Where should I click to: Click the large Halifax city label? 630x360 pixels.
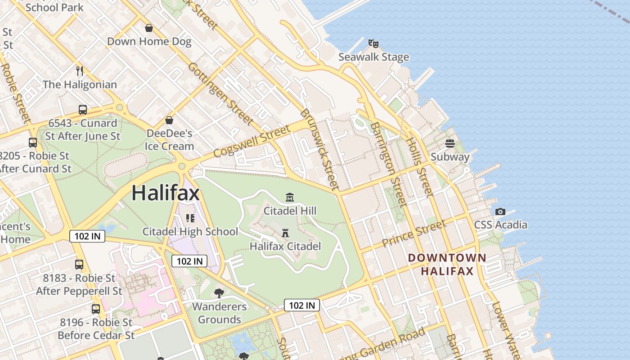tap(166, 193)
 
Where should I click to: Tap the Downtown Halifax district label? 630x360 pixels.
tap(447, 265)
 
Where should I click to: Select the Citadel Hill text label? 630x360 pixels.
tap(290, 211)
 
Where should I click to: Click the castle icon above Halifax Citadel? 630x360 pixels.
tap(285, 233)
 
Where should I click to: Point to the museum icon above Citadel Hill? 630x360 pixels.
tap(290, 197)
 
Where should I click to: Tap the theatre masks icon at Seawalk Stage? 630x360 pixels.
tap(373, 44)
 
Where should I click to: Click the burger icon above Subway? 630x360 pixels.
tap(450, 144)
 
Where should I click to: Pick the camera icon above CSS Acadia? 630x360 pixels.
tap(500, 211)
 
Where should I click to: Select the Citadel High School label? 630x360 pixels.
tap(190, 231)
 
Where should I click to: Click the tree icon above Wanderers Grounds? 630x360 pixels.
tap(219, 293)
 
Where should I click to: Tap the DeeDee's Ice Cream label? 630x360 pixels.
tap(169, 139)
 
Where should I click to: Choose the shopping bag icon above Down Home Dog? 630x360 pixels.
tap(149, 28)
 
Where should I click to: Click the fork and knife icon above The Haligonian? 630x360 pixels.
tap(80, 71)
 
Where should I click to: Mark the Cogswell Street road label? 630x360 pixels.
tap(252, 141)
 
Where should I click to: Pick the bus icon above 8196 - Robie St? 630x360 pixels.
tap(96, 309)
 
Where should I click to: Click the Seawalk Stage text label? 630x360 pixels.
tap(373, 57)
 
